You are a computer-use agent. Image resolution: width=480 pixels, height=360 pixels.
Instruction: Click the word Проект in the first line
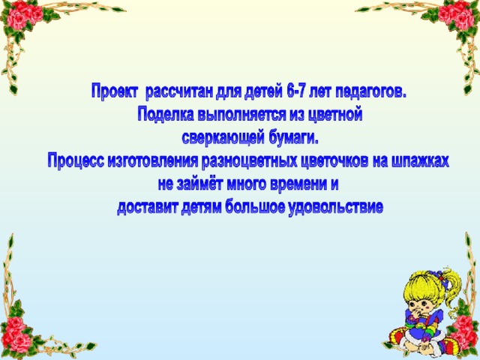(x=115, y=91)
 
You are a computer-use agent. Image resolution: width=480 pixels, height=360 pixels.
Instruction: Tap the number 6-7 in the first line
(x=297, y=91)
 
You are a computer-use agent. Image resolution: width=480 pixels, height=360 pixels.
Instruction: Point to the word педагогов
(x=370, y=91)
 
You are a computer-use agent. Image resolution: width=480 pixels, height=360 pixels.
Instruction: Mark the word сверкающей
(x=223, y=138)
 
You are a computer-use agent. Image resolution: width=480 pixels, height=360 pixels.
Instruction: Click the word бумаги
(x=293, y=138)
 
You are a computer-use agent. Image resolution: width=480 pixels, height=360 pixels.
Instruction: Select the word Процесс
(x=76, y=160)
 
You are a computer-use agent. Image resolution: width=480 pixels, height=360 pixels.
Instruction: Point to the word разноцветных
(x=250, y=160)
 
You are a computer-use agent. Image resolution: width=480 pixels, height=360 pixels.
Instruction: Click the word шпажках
(x=420, y=160)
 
